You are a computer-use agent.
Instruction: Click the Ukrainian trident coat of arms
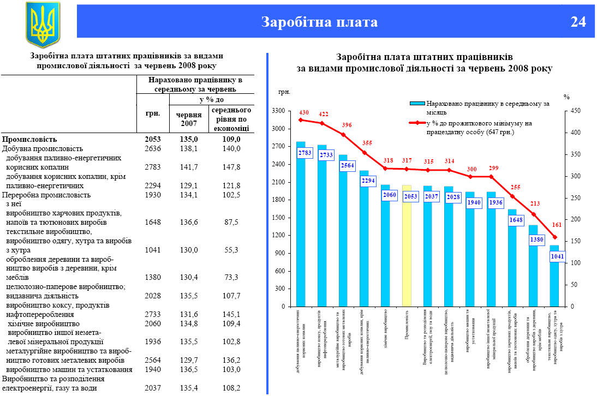point(42,24)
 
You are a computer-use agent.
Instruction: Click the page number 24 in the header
point(578,22)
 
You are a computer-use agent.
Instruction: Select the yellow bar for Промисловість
point(407,245)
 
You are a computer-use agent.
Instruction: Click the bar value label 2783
point(305,153)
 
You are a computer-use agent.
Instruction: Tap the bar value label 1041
point(558,256)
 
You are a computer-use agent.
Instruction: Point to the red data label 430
point(304,113)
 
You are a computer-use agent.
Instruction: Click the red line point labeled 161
point(555,237)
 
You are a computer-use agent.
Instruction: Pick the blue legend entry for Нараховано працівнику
point(417,103)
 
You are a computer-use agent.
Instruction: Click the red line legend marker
point(417,123)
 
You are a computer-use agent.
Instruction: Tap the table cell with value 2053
point(153,139)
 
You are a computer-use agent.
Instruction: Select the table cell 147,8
point(231,167)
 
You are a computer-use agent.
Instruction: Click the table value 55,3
point(231,249)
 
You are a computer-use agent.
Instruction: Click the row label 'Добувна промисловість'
point(43,148)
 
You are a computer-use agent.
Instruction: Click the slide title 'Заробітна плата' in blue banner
point(319,22)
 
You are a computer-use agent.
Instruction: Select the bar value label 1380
point(536,239)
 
